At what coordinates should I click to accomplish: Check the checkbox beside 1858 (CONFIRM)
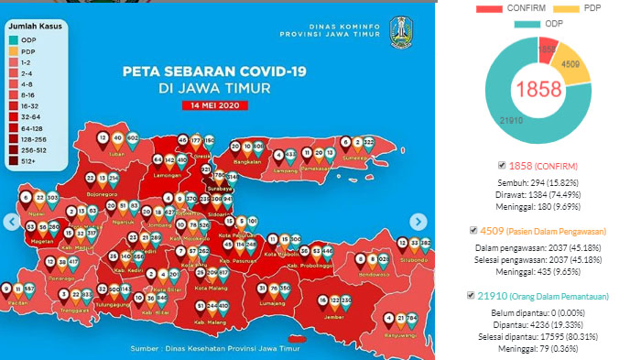pyautogui.click(x=501, y=165)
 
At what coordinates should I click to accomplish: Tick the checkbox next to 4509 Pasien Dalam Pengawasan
pyautogui.click(x=473, y=230)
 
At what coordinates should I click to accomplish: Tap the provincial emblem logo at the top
pyautogui.click(x=402, y=32)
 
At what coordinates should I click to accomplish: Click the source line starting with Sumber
pyautogui.click(x=223, y=349)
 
